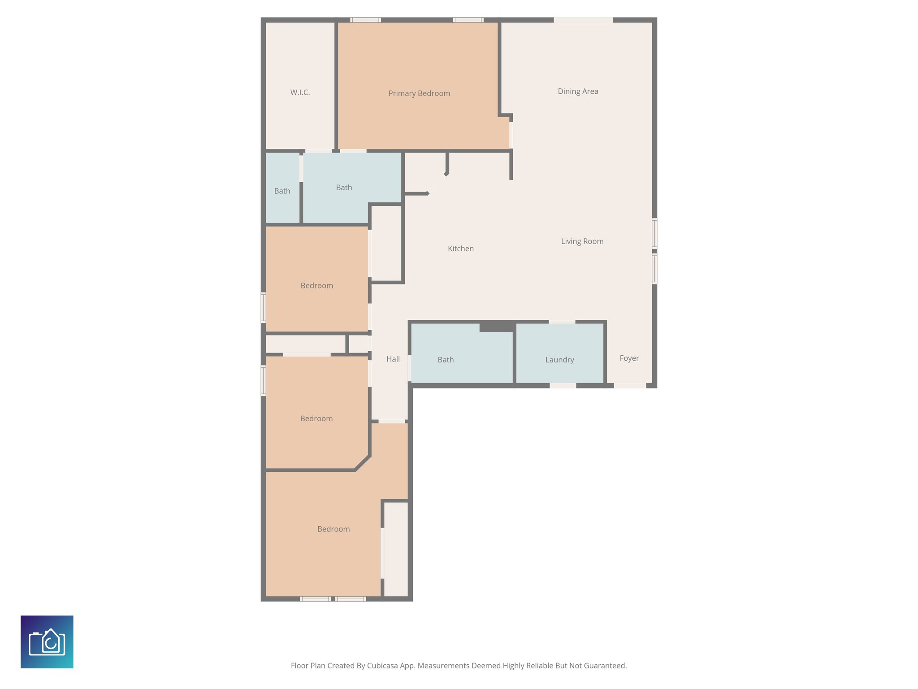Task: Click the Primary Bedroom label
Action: pos(419,93)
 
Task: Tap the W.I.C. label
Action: pos(300,92)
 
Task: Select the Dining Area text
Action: pos(578,92)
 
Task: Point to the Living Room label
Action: pos(582,241)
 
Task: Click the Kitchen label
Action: pos(461,249)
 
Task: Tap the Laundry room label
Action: pos(559,360)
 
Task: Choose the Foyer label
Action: pos(629,358)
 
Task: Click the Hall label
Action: pos(393,359)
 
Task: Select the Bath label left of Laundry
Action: pos(446,360)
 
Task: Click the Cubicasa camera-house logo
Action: pos(47,642)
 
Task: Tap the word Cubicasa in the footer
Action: pos(383,666)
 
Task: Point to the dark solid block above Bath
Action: pos(497,327)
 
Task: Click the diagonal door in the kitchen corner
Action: pos(437,184)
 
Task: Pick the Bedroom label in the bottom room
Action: pos(333,529)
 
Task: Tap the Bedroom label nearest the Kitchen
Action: pos(316,286)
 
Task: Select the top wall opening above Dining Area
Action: pos(583,20)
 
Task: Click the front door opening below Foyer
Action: pos(630,386)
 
